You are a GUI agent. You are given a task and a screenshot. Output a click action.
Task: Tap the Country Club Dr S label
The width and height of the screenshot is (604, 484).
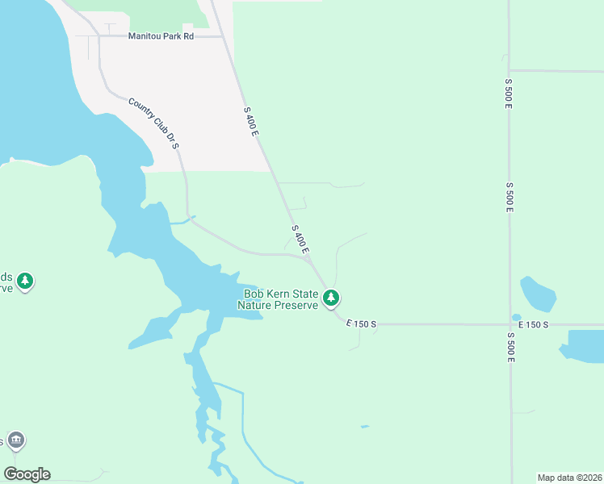(153, 123)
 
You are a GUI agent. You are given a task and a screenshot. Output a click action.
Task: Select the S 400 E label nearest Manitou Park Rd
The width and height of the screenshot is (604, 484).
(250, 121)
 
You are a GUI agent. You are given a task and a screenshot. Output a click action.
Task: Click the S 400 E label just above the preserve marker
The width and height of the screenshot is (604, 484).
(300, 240)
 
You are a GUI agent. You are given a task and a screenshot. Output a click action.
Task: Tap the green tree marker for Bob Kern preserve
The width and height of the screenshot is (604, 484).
(330, 298)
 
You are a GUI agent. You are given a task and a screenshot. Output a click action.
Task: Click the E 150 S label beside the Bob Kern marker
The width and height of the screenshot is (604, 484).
(361, 324)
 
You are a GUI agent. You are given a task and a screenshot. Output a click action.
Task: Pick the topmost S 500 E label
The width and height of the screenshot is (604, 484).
(509, 94)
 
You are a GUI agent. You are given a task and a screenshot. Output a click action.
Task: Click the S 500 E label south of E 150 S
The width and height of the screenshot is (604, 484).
(510, 347)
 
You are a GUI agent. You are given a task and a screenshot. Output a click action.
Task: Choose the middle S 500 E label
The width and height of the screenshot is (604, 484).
(510, 198)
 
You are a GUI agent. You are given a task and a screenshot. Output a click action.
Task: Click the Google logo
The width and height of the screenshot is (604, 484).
(27, 474)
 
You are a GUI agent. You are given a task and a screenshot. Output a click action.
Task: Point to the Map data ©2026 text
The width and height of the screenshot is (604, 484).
(568, 477)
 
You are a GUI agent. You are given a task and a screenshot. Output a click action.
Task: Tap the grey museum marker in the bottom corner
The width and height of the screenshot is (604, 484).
(15, 440)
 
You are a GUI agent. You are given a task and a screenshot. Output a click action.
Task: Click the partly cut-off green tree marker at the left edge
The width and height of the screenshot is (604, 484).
(25, 281)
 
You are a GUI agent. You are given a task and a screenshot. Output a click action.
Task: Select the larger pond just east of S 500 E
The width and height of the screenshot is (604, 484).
(538, 294)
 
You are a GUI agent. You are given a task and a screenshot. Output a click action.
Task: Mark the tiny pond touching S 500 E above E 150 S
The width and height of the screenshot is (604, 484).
(516, 317)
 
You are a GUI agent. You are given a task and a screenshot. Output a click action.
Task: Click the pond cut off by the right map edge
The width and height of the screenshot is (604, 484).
(585, 345)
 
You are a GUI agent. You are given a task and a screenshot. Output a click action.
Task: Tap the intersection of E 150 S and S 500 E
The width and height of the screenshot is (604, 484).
(510, 325)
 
